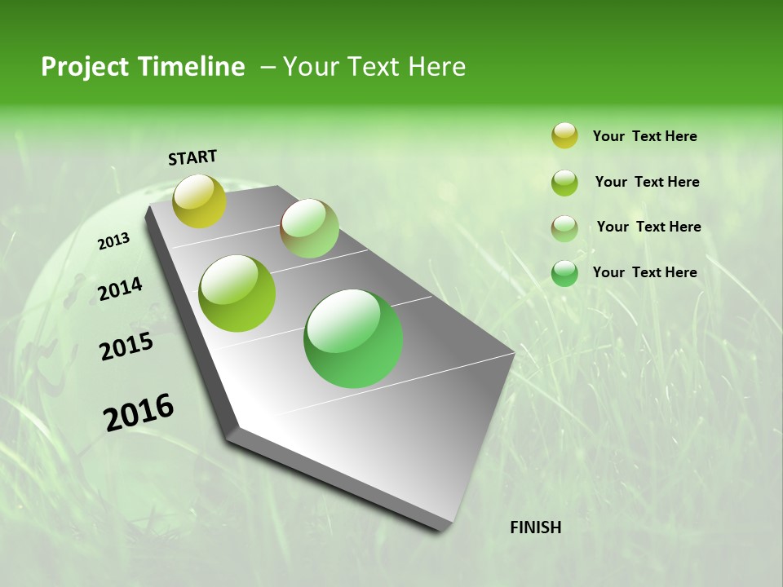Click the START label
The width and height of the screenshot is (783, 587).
[x=192, y=157]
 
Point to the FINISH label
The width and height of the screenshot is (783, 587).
[x=535, y=527]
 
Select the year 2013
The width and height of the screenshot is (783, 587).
[x=113, y=241]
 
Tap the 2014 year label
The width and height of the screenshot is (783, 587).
[x=120, y=289]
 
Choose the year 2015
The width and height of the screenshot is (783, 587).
[x=126, y=346]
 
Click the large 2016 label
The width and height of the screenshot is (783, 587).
[x=139, y=412]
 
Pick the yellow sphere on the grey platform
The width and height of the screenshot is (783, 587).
[x=200, y=201]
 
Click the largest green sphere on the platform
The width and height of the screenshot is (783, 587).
[x=353, y=338]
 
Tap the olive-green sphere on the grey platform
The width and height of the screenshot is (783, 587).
[x=237, y=293]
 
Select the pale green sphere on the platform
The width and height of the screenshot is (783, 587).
[x=309, y=228]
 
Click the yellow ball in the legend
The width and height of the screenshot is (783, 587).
[x=564, y=136]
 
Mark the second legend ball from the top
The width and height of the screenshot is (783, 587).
[x=564, y=183]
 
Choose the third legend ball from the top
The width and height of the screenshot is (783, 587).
[x=564, y=228]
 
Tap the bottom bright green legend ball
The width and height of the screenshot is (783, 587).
[x=564, y=273]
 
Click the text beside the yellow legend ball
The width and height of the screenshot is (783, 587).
[x=644, y=137]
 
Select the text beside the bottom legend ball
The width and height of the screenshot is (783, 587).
[x=644, y=272]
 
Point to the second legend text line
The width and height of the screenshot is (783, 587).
[x=647, y=182]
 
